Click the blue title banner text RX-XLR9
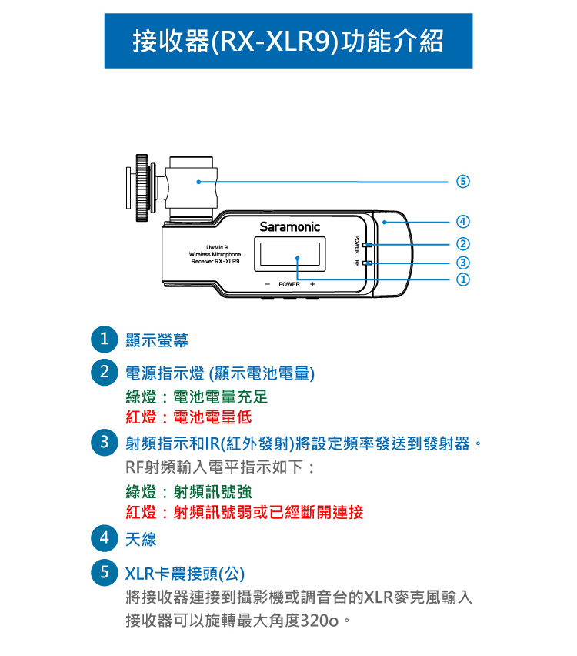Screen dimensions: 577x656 tap(275, 42)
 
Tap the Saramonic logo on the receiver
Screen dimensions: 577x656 tap(289, 227)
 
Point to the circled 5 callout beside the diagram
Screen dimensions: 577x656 tap(462, 182)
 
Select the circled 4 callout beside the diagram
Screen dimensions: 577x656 tap(462, 221)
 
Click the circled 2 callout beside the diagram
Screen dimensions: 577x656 tap(462, 244)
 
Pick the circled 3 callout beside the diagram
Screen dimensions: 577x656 tap(462, 263)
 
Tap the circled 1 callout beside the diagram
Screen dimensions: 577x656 tap(462, 279)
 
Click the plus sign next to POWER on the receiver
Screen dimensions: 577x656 tap(312, 284)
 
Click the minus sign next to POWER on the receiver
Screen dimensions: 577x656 tap(268, 284)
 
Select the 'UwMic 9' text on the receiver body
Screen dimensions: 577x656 tap(217, 247)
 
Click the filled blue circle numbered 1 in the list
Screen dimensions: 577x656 tap(104, 339)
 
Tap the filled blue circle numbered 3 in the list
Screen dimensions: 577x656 tap(104, 442)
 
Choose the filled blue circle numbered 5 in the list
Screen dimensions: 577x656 tap(104, 572)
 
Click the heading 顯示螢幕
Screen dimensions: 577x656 tap(157, 340)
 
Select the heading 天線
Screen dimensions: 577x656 tap(141, 539)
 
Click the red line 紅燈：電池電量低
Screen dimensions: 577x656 tap(188, 417)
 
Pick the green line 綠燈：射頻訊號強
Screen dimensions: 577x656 tap(188, 491)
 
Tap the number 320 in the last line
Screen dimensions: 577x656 tap(313, 621)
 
